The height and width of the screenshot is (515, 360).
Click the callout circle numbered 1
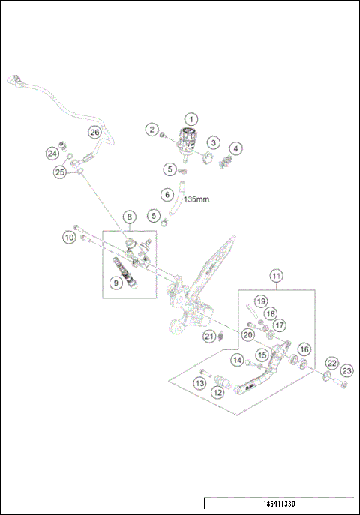(x=191, y=118)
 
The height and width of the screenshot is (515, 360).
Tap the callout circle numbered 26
(x=94, y=133)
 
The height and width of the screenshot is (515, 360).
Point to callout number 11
(x=277, y=277)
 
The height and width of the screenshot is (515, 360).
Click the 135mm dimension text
(x=196, y=201)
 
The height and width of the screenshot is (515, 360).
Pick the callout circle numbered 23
(x=346, y=370)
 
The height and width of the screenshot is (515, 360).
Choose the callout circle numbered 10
(x=68, y=238)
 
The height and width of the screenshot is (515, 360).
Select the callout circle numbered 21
(x=211, y=337)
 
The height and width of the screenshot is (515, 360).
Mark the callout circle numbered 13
(x=199, y=382)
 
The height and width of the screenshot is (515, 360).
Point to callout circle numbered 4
(x=235, y=148)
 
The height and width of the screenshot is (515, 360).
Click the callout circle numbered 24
(x=52, y=154)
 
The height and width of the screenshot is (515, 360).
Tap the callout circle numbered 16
(x=304, y=349)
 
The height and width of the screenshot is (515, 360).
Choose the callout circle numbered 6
(x=167, y=194)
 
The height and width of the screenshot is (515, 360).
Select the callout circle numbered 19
(x=261, y=301)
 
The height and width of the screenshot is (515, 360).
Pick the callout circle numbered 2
(x=152, y=130)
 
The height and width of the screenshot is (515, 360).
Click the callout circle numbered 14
(x=237, y=361)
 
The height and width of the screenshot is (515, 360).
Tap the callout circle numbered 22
(x=331, y=363)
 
